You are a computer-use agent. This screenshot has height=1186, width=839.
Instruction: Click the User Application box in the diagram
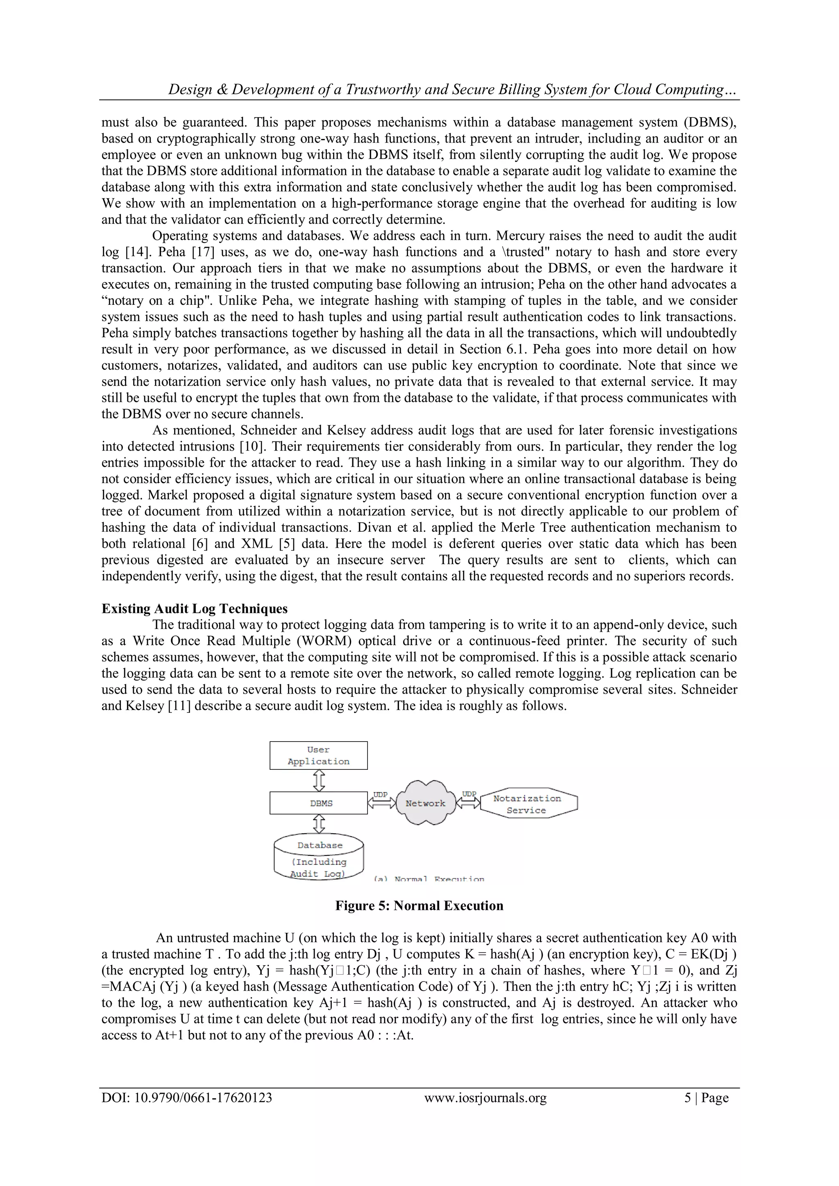click(x=318, y=755)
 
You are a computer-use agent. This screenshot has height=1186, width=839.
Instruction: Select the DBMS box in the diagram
click(x=318, y=803)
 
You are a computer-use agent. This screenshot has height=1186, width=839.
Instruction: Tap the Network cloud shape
click(x=425, y=803)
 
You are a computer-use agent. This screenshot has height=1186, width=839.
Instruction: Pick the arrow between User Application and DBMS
click(x=319, y=780)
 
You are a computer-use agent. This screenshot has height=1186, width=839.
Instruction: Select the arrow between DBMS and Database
click(x=319, y=824)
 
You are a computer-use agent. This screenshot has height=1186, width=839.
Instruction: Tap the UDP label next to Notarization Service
click(x=469, y=794)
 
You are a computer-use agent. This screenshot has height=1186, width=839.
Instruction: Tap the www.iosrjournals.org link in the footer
click(x=485, y=1098)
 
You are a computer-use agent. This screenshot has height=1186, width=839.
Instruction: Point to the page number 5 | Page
click(x=706, y=1098)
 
